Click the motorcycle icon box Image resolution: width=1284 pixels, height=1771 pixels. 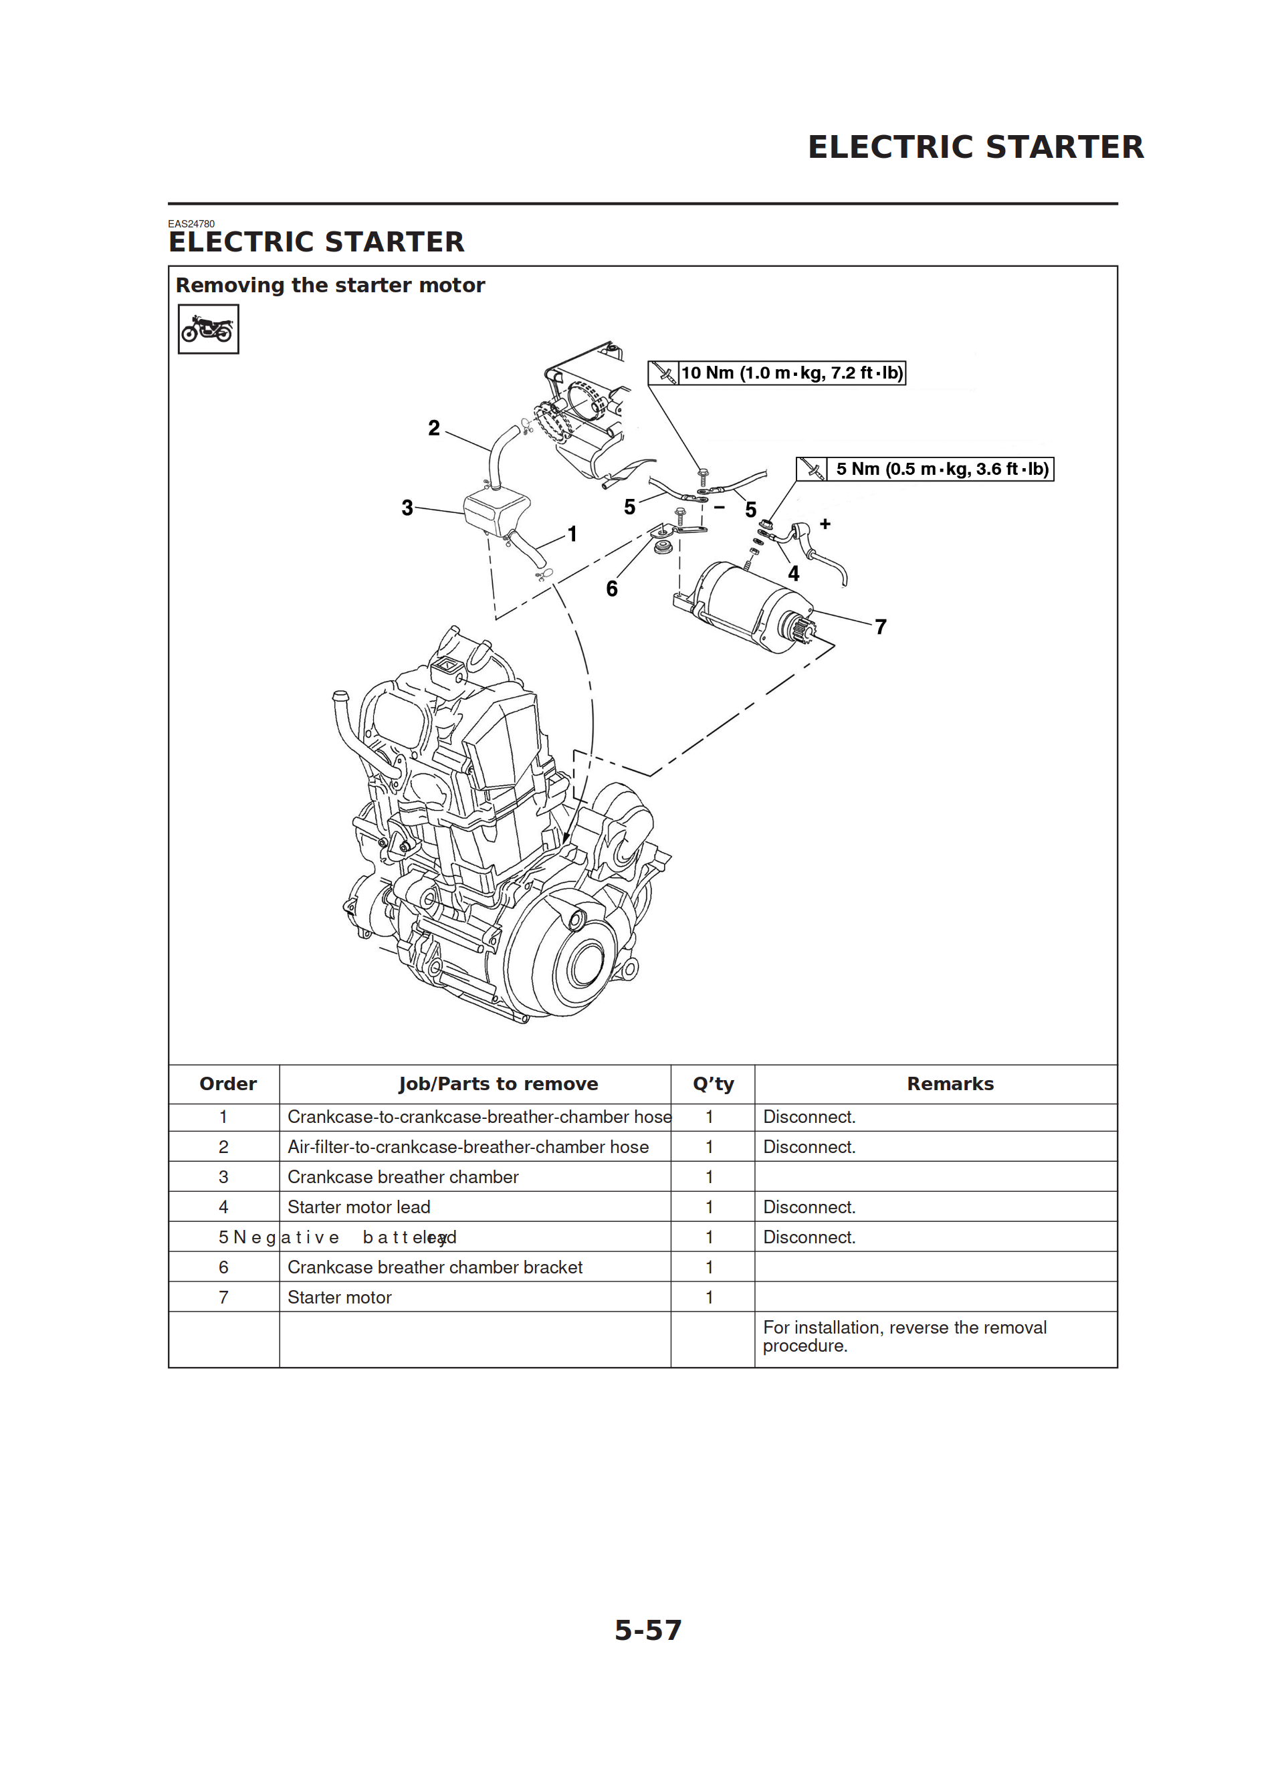(208, 329)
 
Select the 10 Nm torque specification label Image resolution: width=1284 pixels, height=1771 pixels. (790, 373)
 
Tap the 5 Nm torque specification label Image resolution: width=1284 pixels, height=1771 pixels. (940, 470)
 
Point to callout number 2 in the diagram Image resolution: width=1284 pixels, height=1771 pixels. (434, 428)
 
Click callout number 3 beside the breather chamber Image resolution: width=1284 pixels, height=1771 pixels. (407, 508)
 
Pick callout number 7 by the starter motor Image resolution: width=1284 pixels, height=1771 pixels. (880, 627)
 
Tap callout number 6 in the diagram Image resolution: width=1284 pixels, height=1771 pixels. (611, 589)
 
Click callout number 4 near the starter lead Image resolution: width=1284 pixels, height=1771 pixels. (794, 574)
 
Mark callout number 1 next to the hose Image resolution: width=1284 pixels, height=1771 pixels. (572, 534)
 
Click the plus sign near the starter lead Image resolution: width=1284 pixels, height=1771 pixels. (825, 524)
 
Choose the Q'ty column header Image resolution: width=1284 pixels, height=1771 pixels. (712, 1084)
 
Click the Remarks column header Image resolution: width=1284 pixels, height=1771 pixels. (950, 1084)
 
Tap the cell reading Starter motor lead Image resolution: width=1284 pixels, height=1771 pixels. (358, 1207)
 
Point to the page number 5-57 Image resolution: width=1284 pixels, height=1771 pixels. (647, 1630)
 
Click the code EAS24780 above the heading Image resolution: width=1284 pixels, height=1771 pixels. (191, 224)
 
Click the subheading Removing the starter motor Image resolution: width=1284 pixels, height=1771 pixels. (330, 286)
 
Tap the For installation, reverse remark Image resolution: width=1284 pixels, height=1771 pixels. (903, 1336)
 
